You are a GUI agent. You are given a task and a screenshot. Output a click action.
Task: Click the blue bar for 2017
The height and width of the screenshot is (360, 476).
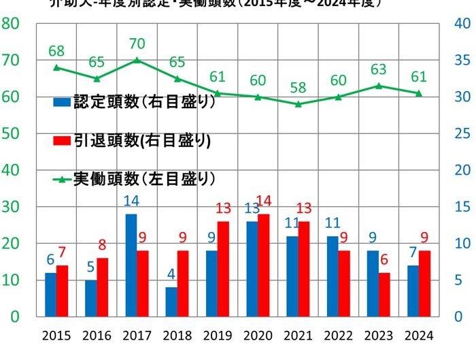[x=131, y=265]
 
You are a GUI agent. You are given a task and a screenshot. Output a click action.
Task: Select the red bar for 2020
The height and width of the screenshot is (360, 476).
[x=263, y=265]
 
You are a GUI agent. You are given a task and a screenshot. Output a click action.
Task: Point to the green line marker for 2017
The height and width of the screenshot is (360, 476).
[x=137, y=60]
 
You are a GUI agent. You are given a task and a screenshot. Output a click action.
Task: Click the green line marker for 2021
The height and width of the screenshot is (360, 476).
[x=298, y=104]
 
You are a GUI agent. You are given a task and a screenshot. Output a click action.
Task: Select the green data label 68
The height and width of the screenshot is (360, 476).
[x=56, y=51]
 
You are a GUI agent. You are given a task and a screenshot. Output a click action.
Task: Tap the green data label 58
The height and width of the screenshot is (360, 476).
[x=298, y=88]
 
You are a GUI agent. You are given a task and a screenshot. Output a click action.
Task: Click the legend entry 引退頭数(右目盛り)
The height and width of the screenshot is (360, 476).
[x=132, y=141]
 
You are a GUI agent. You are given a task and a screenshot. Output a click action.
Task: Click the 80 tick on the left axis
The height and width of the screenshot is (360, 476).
[x=10, y=24]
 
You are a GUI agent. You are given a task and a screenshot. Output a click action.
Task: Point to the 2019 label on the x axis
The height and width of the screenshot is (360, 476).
[x=218, y=336]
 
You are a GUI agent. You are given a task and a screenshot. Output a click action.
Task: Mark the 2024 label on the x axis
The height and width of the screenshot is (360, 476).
[x=418, y=336]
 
